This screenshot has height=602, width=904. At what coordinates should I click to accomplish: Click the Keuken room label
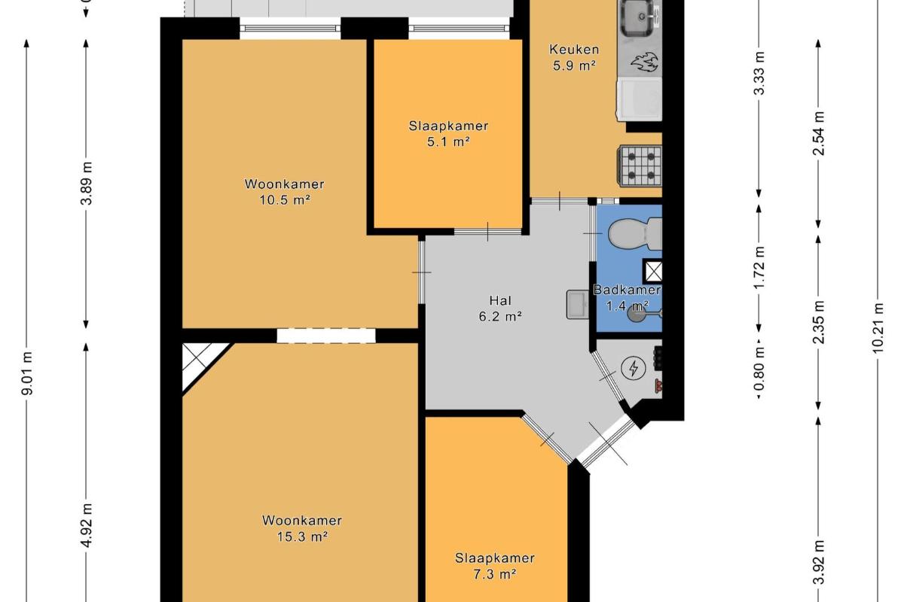point(574,57)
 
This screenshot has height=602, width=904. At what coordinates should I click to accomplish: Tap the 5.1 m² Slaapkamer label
point(448,134)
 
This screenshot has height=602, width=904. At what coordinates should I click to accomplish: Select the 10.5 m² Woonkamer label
point(285,192)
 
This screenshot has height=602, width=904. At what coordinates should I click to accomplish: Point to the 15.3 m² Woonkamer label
point(302,528)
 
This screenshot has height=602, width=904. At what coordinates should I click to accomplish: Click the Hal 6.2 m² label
point(500,309)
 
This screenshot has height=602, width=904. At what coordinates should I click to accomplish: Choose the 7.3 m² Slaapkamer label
point(495,566)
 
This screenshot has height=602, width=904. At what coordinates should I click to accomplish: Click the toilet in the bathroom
point(635,234)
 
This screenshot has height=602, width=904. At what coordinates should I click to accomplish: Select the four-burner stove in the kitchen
point(640,166)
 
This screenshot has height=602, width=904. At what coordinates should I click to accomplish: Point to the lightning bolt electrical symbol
point(634,368)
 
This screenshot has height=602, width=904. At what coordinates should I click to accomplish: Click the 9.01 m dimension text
point(27,373)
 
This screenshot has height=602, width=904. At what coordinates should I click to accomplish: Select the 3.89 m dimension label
point(87,184)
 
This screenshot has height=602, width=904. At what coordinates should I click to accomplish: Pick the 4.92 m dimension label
point(87,525)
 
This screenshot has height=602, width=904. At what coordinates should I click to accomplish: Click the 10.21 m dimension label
point(878,328)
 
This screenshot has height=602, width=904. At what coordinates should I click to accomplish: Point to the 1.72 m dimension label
point(759,267)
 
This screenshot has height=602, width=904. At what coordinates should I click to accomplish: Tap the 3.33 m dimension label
point(759,73)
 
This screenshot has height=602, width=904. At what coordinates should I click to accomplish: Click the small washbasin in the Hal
point(578,305)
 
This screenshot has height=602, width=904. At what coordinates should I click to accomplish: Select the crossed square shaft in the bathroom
point(652,271)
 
